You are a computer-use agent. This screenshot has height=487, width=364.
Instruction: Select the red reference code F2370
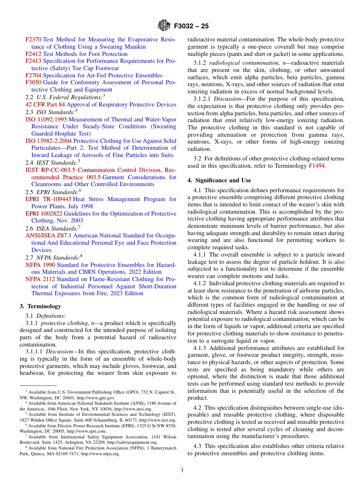[x=33, y=39]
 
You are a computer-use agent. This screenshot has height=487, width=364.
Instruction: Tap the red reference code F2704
[x=33, y=75]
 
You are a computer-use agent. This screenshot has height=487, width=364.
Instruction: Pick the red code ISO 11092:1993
[x=46, y=119]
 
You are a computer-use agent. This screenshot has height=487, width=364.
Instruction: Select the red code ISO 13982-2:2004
[x=49, y=141]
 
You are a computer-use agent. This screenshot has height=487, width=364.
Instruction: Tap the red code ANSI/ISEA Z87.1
[x=48, y=235]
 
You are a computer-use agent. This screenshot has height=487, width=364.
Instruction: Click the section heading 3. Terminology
[x=40, y=306]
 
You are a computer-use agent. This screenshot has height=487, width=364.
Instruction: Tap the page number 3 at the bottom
[x=182, y=470]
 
